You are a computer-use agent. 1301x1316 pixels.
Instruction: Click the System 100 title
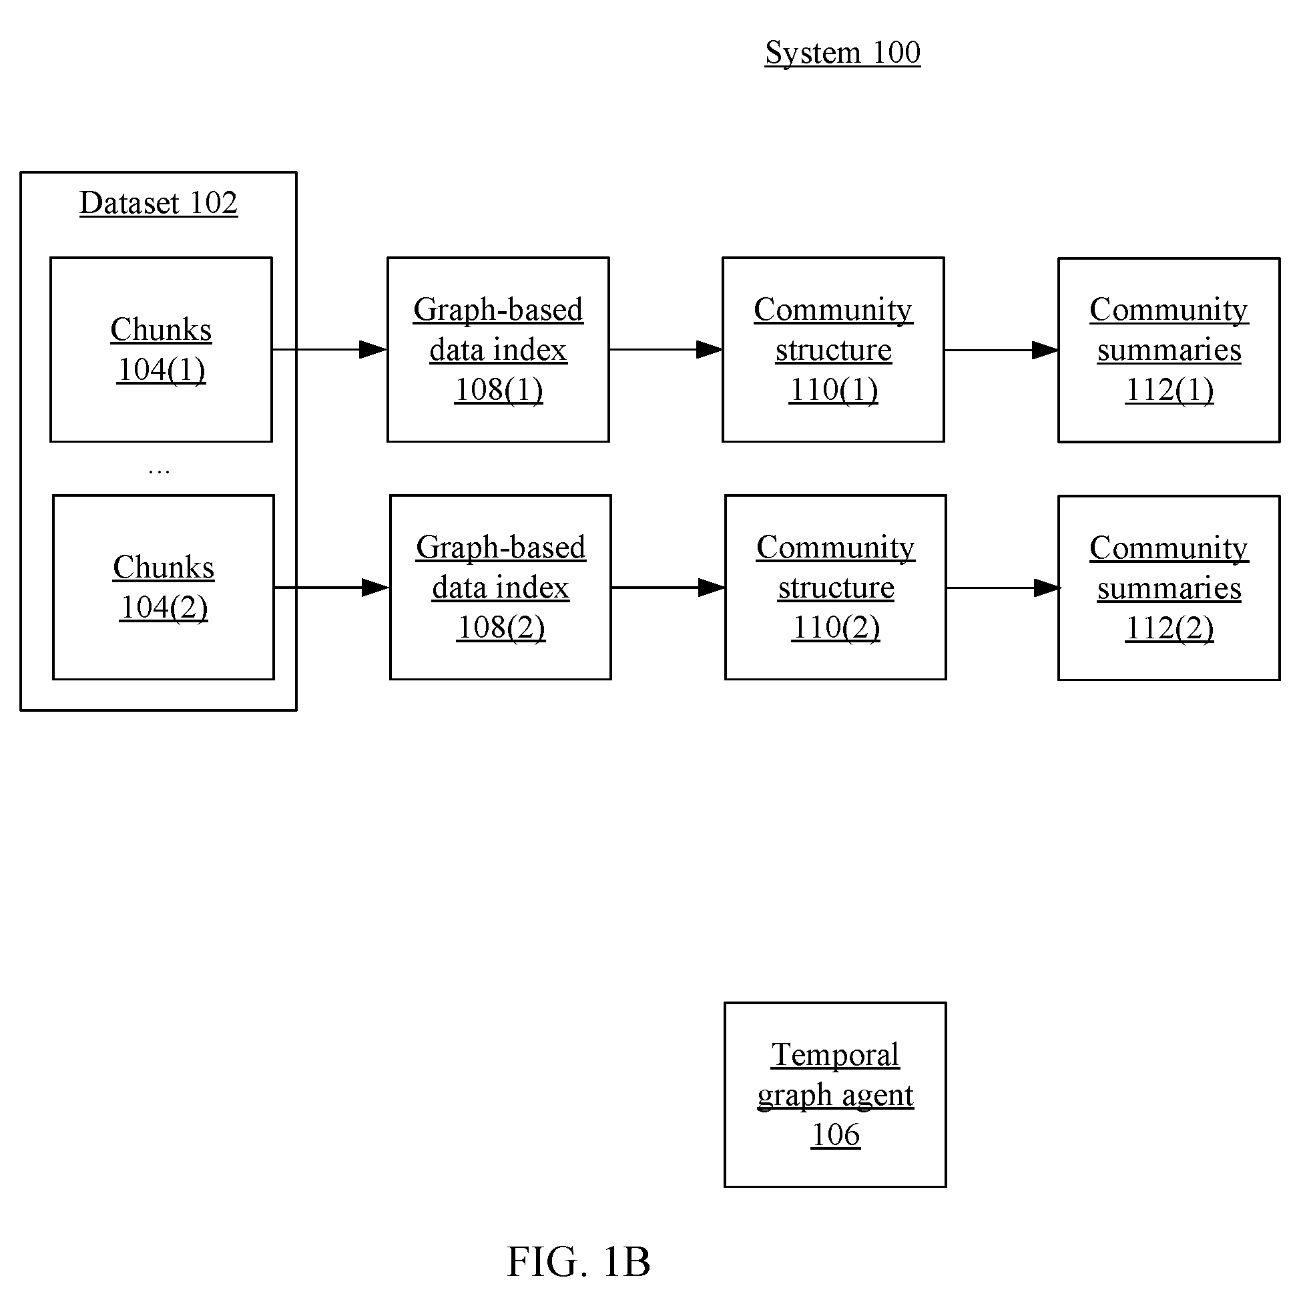(842, 53)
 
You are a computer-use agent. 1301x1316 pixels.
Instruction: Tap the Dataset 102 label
(158, 203)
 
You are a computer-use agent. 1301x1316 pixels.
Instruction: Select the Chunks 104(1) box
(162, 349)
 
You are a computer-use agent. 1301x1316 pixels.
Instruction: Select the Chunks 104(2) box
(164, 587)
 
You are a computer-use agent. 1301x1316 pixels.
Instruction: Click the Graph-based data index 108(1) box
(498, 349)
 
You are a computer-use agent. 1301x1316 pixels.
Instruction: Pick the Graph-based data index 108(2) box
(501, 587)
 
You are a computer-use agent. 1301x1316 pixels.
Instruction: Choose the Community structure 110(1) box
(833, 349)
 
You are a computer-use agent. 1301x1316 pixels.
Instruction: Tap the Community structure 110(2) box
(836, 587)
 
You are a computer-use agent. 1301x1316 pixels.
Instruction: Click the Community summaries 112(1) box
(1169, 350)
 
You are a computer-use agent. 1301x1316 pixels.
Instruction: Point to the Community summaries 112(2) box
(1169, 588)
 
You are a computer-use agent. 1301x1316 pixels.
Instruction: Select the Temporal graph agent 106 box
(835, 1094)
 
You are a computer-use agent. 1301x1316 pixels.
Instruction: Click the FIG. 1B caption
(578, 1262)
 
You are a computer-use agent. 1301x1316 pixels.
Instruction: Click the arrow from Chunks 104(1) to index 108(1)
(330, 349)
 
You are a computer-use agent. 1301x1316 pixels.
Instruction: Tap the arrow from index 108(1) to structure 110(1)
(666, 349)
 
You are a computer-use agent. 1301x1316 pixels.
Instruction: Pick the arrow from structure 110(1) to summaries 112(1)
(1001, 350)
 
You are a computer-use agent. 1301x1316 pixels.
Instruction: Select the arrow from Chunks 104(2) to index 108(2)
(332, 587)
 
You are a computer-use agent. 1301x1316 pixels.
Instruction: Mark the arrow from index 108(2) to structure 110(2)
(668, 587)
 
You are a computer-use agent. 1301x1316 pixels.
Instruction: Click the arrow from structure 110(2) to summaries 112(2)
(1003, 588)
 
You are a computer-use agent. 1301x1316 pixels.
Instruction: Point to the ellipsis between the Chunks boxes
(159, 471)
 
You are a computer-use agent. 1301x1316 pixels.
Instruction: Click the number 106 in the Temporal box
(836, 1135)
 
